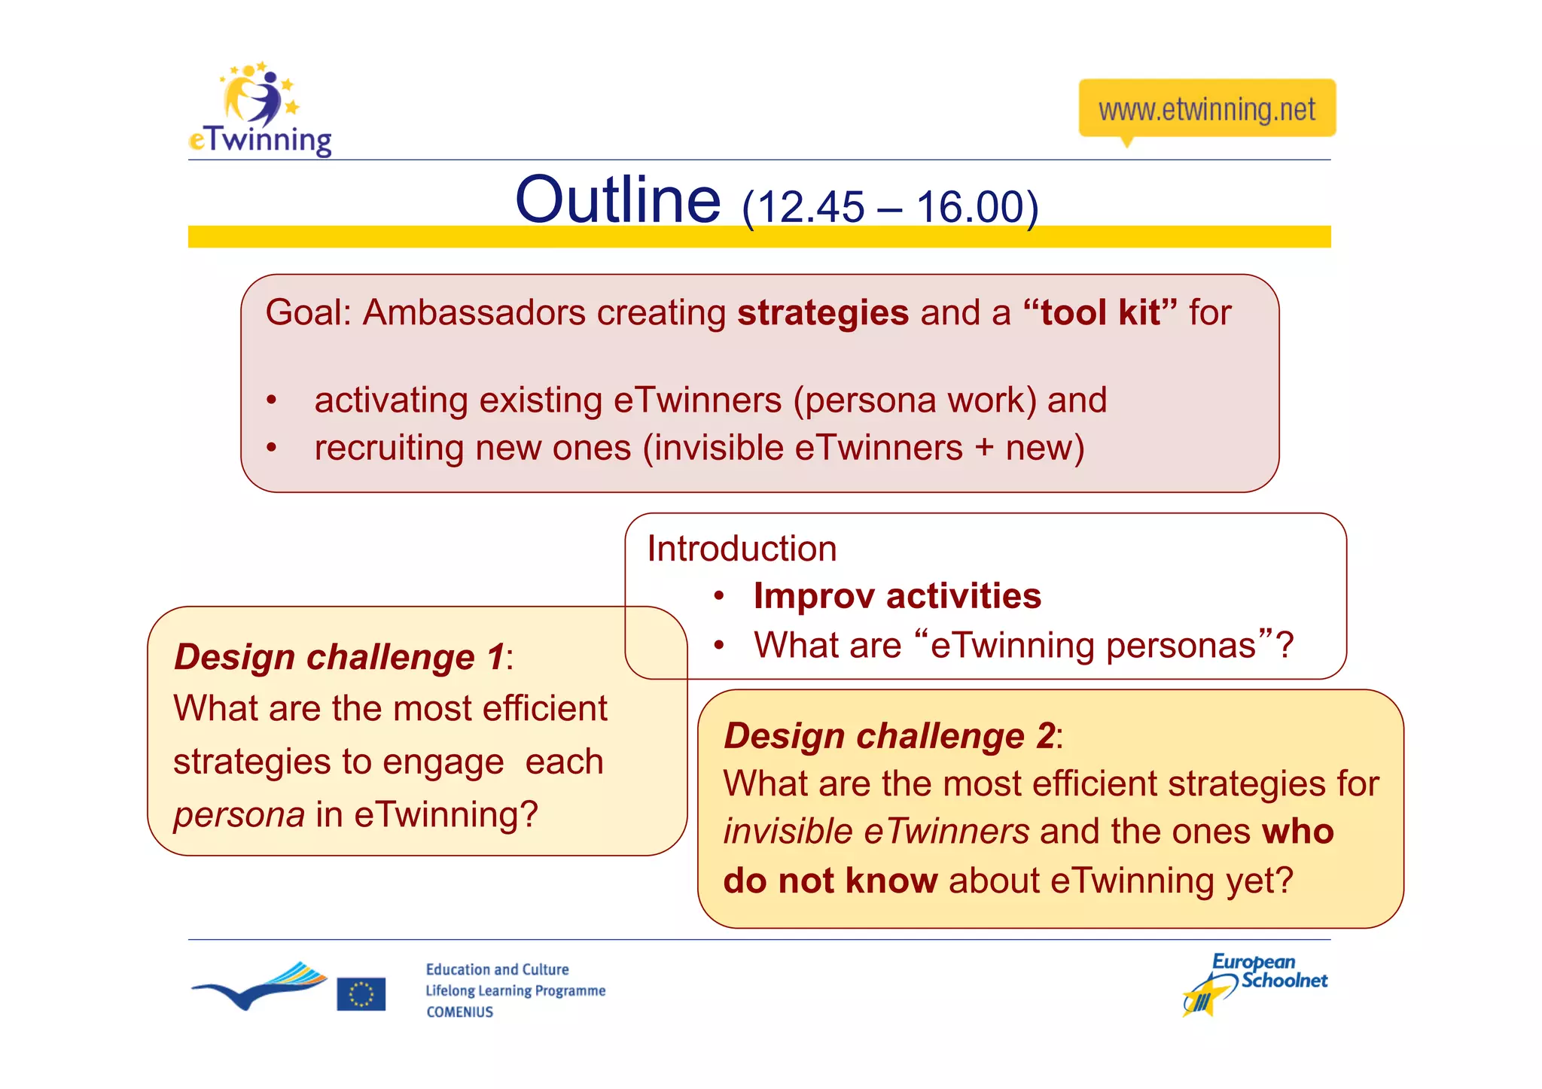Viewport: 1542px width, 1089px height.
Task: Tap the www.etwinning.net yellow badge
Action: [1206, 109]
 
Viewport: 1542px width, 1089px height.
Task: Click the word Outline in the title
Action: [617, 200]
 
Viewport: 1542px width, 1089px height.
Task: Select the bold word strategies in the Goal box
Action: [822, 312]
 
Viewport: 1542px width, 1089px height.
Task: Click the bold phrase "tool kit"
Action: [1100, 312]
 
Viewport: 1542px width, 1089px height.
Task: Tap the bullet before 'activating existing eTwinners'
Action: [272, 400]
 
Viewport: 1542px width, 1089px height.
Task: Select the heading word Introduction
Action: [742, 549]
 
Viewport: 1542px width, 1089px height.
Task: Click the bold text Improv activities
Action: [897, 596]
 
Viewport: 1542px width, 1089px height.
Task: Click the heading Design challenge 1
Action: [340, 657]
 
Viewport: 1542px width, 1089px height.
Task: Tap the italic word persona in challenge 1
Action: [239, 815]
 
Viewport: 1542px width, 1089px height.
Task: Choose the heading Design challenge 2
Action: [889, 735]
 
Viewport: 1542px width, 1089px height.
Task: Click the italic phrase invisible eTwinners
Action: [876, 832]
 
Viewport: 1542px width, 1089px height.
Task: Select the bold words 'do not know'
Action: [830, 881]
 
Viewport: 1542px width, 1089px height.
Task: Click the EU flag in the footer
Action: [361, 993]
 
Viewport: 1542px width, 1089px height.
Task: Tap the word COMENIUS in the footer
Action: [459, 1012]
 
